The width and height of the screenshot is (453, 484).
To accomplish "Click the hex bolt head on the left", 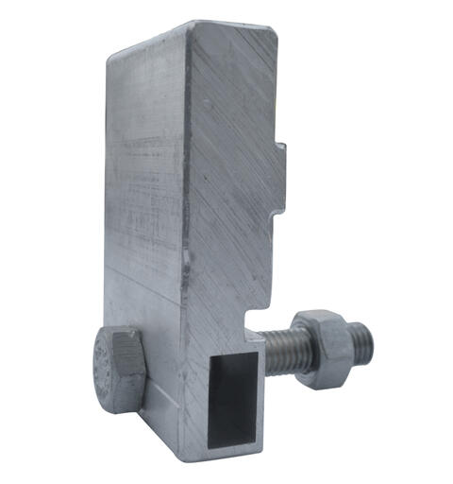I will (x=118, y=368).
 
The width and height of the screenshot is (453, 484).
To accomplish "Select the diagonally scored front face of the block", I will (x=231, y=189).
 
